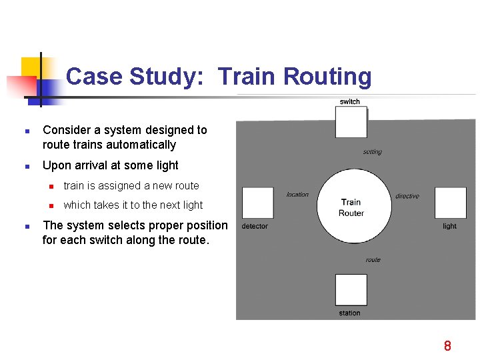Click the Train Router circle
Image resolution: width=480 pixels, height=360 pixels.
click(x=351, y=207)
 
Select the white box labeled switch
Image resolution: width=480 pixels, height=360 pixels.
click(x=351, y=122)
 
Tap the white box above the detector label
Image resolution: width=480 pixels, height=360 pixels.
click(x=257, y=203)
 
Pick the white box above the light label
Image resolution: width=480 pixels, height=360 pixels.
click(x=451, y=203)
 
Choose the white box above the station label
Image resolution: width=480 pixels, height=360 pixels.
click(x=351, y=290)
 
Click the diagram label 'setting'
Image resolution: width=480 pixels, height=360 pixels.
click(x=373, y=152)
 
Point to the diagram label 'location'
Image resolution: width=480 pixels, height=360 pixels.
click(x=297, y=195)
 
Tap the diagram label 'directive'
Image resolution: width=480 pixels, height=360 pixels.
click(x=407, y=196)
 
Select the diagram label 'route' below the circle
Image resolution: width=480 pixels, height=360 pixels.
click(x=373, y=259)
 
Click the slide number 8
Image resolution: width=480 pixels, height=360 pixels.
click(x=447, y=346)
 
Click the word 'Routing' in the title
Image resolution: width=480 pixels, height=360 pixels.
click(x=327, y=77)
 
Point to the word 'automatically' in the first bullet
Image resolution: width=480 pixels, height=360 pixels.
click(x=143, y=145)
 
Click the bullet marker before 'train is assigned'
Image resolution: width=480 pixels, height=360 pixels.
click(x=52, y=186)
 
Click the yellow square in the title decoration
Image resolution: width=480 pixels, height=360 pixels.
click(x=31, y=68)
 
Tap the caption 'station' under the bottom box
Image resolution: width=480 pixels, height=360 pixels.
click(x=349, y=313)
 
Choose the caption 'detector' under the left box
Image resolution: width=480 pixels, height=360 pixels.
click(x=255, y=226)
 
